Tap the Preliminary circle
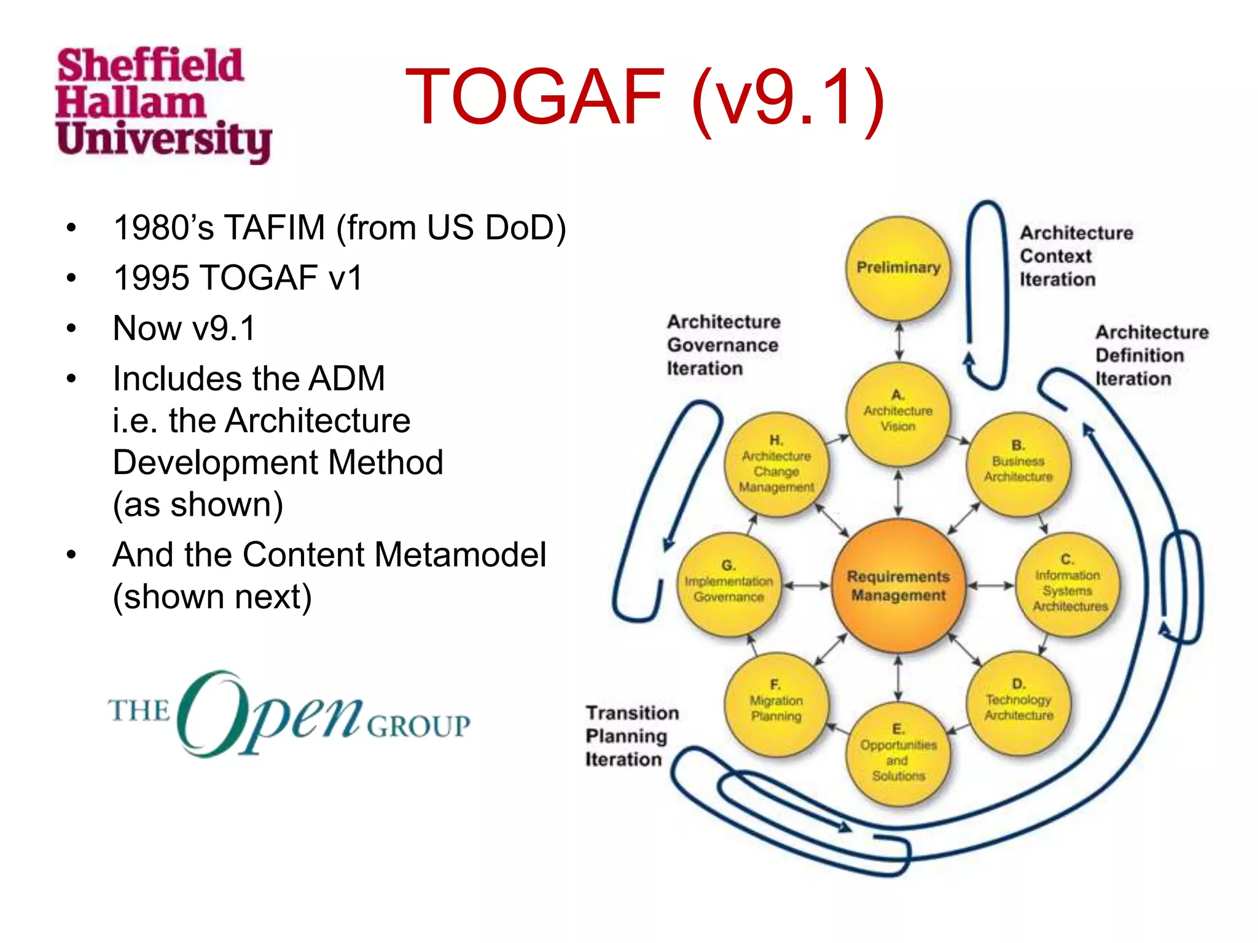[x=898, y=268]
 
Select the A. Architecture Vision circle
[x=898, y=413]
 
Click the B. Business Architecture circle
[x=1018, y=463]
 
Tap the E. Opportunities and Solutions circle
[x=898, y=754]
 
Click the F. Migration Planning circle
[x=776, y=703]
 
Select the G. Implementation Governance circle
[x=729, y=584]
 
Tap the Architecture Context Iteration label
[x=1076, y=256]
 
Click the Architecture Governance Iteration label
[x=723, y=345]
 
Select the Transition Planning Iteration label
[x=631, y=736]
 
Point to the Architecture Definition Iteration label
[x=1151, y=355]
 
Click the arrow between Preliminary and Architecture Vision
[x=899, y=342]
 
